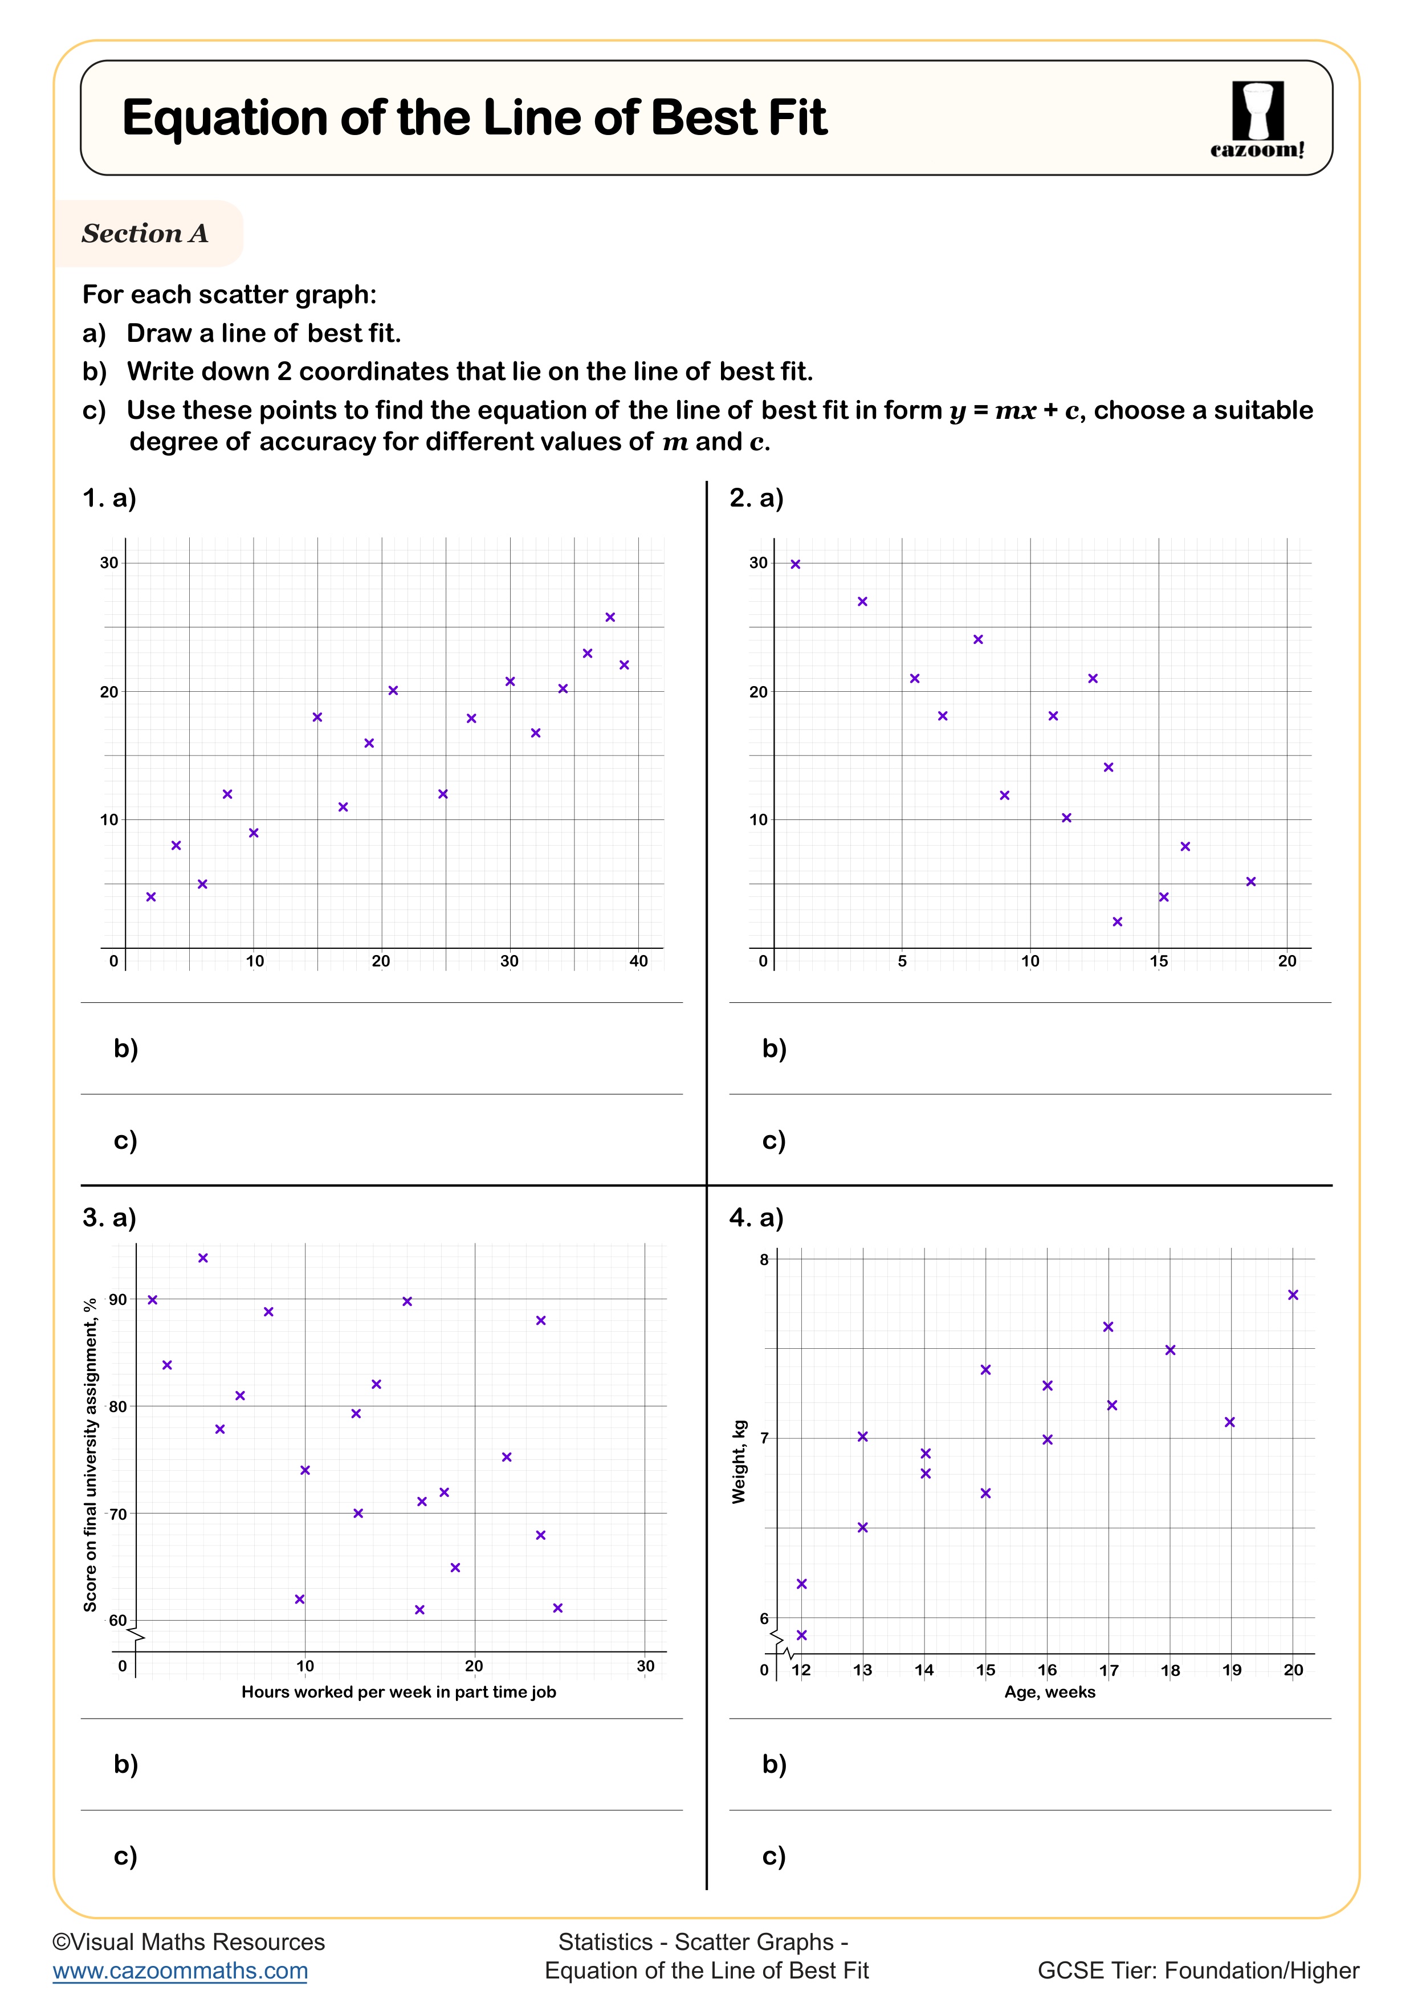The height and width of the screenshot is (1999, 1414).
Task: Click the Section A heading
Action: (x=145, y=233)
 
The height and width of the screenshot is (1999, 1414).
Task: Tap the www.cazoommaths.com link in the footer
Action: (x=180, y=1971)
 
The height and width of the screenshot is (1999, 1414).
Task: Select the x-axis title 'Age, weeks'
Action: (x=1049, y=1692)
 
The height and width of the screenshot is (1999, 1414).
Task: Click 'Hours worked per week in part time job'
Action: (x=398, y=1692)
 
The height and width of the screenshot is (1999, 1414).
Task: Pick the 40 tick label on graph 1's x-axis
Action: (x=638, y=961)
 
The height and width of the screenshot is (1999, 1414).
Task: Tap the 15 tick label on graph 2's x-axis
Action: (x=1158, y=961)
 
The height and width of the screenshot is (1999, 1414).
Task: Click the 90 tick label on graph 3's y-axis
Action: (x=117, y=1299)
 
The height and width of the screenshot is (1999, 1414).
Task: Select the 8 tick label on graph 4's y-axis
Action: (x=764, y=1260)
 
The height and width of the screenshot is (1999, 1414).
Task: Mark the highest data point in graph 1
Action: (x=610, y=617)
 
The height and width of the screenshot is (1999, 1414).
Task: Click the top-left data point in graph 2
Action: (x=795, y=564)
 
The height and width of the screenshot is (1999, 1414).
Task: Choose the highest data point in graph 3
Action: (x=203, y=1258)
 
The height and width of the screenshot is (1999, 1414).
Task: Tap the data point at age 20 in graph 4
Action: (x=1293, y=1295)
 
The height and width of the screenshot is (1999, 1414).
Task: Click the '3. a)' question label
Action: (x=109, y=1217)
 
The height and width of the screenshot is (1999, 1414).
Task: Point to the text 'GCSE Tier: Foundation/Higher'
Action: (x=1198, y=1971)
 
